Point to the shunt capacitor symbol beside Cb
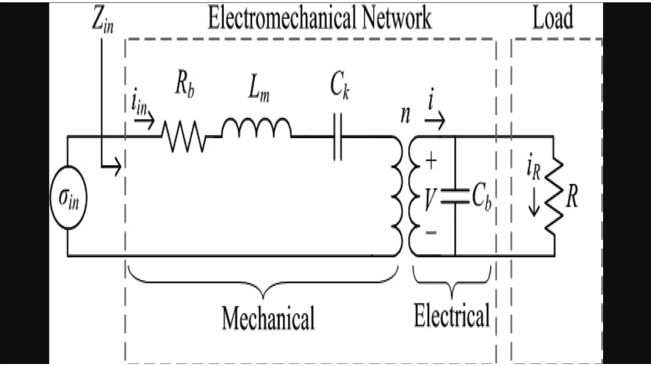tap(455, 197)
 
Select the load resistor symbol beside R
tap(554, 196)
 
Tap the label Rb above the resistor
tap(185, 85)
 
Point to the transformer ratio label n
tap(405, 115)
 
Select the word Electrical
tap(452, 315)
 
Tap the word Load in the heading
tap(553, 18)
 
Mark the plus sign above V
tap(430, 162)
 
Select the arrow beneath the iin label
tap(144, 123)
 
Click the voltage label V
tap(429, 200)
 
